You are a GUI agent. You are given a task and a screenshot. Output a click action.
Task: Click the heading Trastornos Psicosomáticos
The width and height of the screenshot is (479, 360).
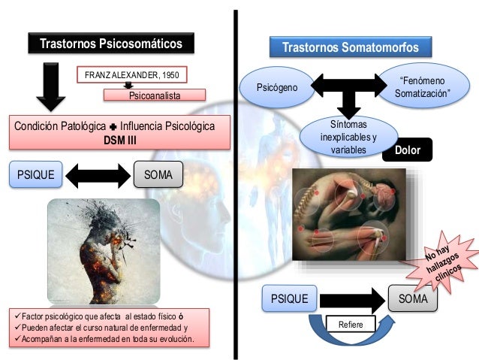pos(110,44)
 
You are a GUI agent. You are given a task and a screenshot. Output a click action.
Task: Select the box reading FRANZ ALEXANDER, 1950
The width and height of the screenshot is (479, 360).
pos(132,76)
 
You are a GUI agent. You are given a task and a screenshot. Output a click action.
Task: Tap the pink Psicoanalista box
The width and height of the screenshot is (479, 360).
pos(154,95)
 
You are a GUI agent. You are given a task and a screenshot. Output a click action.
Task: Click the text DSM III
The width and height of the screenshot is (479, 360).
pos(119,139)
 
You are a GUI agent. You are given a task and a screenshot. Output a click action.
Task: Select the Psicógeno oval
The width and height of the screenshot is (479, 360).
pos(277,88)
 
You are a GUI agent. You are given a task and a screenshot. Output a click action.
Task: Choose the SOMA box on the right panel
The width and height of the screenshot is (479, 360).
pos(414,298)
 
